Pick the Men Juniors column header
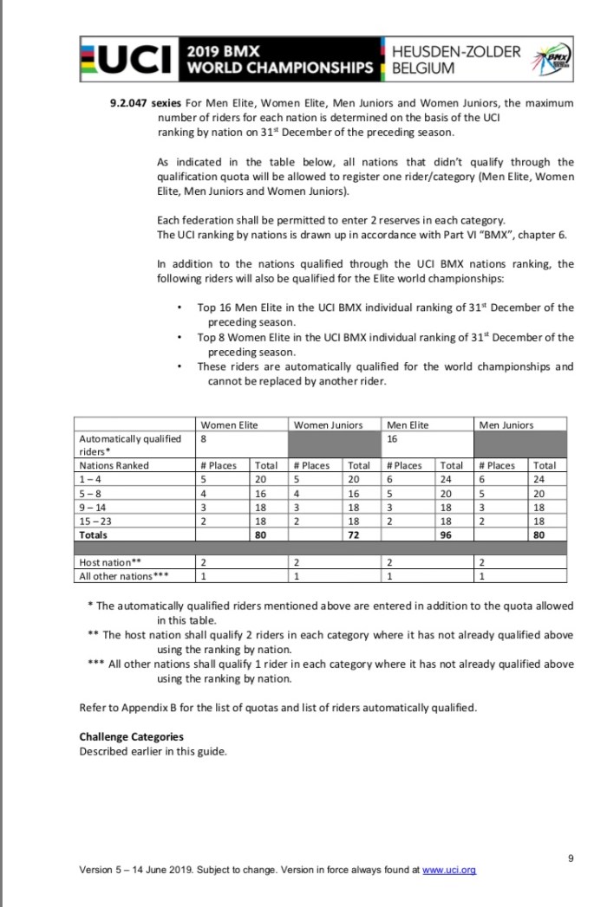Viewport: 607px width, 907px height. pyautogui.click(x=506, y=424)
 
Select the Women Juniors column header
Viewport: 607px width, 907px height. pyautogui.click(x=328, y=424)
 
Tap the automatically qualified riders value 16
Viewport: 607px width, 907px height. pyautogui.click(x=393, y=439)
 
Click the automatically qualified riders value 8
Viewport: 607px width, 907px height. pyautogui.click(x=203, y=439)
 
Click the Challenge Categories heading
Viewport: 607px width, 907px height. pyautogui.click(x=131, y=737)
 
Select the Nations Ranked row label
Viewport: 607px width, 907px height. pyautogui.click(x=114, y=465)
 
